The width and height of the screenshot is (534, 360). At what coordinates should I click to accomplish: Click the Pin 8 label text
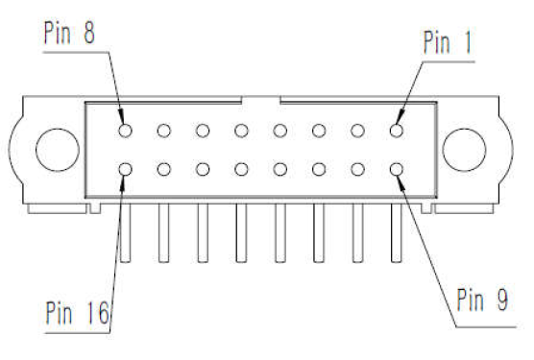coord(69,33)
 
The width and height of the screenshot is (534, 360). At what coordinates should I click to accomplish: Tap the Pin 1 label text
coord(448,42)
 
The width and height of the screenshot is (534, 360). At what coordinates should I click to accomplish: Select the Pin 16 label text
coord(77,312)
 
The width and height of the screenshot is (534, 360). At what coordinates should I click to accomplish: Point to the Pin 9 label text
coord(482,300)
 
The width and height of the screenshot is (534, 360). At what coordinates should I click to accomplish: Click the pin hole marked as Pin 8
coord(125,131)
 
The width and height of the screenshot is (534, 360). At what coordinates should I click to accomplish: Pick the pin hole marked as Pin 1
coord(397,131)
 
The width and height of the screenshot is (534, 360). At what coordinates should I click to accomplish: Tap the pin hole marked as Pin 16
coord(125,169)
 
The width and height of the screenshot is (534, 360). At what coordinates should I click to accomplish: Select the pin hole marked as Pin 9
coord(397,169)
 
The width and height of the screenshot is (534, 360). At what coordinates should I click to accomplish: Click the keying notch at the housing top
coord(261,100)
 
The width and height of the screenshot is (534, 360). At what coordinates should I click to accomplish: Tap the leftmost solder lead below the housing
coord(125,233)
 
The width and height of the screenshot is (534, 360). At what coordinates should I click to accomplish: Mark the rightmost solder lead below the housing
coord(397,233)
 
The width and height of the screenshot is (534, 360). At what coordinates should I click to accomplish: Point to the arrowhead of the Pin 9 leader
coord(400,180)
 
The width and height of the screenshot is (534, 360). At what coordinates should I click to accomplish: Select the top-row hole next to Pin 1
coord(357,131)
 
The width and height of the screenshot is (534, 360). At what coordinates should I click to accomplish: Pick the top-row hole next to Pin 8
coord(164,131)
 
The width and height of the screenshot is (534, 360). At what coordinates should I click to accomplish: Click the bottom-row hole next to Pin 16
coord(164,169)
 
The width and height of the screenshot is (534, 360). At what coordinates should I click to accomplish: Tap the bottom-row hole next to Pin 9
coord(357,169)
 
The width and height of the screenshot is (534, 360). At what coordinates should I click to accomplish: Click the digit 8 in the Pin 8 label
coord(89,33)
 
